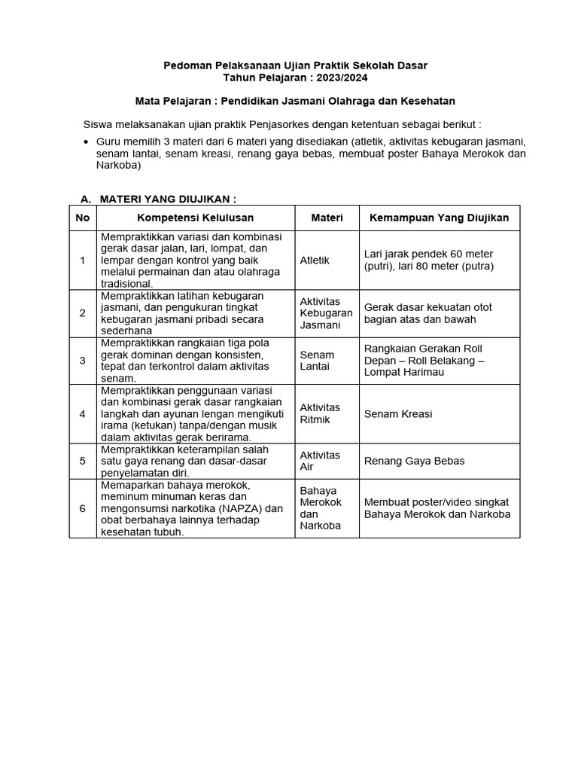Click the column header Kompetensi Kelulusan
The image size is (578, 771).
pyautogui.click(x=195, y=218)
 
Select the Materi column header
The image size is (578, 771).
pyautogui.click(x=327, y=218)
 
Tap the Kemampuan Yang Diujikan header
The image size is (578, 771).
pyautogui.click(x=439, y=218)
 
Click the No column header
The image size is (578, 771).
pyautogui.click(x=83, y=218)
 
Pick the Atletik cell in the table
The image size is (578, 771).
pyautogui.click(x=315, y=260)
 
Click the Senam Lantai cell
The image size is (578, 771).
pyautogui.click(x=317, y=360)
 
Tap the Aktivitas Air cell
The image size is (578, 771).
pyautogui.click(x=320, y=461)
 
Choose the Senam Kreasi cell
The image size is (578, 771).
pyautogui.click(x=397, y=414)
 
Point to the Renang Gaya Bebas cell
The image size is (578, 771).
pyautogui.click(x=414, y=461)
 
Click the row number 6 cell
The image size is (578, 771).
pyautogui.click(x=83, y=508)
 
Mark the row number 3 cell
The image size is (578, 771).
pyautogui.click(x=83, y=361)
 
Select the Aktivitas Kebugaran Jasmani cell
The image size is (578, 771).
pyautogui.click(x=326, y=312)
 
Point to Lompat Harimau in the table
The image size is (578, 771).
pyautogui.click(x=404, y=372)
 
